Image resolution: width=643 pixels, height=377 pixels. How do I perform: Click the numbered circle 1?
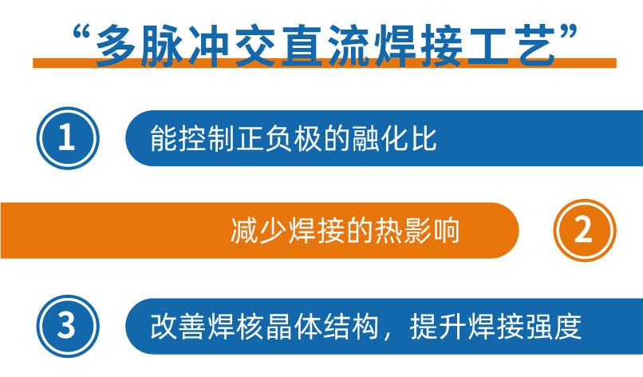[x=68, y=138]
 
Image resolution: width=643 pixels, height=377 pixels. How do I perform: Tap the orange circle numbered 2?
[x=585, y=230]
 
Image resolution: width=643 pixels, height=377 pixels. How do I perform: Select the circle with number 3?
[x=68, y=326]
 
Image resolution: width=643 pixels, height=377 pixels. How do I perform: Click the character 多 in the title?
[x=116, y=46]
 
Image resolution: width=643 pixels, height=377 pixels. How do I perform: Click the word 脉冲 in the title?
[x=186, y=46]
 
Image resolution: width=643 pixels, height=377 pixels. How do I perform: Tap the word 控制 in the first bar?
[x=207, y=138]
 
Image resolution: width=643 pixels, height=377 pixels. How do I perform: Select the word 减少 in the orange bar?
[x=258, y=230]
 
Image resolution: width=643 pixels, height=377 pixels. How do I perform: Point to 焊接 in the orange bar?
[x=316, y=230]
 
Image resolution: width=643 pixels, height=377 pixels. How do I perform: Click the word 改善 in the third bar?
[x=178, y=327]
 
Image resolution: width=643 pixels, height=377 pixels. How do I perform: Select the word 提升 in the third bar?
[x=438, y=327]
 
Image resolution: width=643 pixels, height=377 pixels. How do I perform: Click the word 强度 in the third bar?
[x=554, y=327]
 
